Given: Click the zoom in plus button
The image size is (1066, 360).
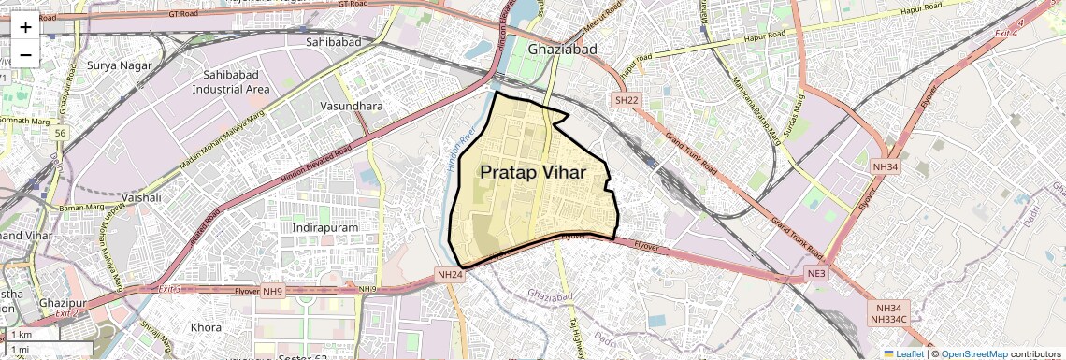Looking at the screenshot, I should tap(25, 27).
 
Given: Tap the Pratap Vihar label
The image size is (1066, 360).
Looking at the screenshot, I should tap(533, 173).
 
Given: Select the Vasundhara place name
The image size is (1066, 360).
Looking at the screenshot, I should tap(351, 107).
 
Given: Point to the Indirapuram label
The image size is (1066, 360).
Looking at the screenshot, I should tap(326, 227).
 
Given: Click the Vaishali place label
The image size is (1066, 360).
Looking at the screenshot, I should tap(141, 198).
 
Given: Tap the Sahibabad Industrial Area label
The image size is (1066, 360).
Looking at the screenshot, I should tap(231, 81).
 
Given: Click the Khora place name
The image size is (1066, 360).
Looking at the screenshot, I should tap(206, 328).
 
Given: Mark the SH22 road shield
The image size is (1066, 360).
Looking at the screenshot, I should tap(626, 100).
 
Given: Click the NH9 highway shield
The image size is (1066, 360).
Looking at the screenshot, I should tap(272, 291).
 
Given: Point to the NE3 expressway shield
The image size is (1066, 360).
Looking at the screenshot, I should tap(816, 273).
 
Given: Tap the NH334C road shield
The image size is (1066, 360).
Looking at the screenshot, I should tap(887, 320).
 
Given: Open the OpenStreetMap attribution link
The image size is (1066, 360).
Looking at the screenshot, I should tap(973, 354).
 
